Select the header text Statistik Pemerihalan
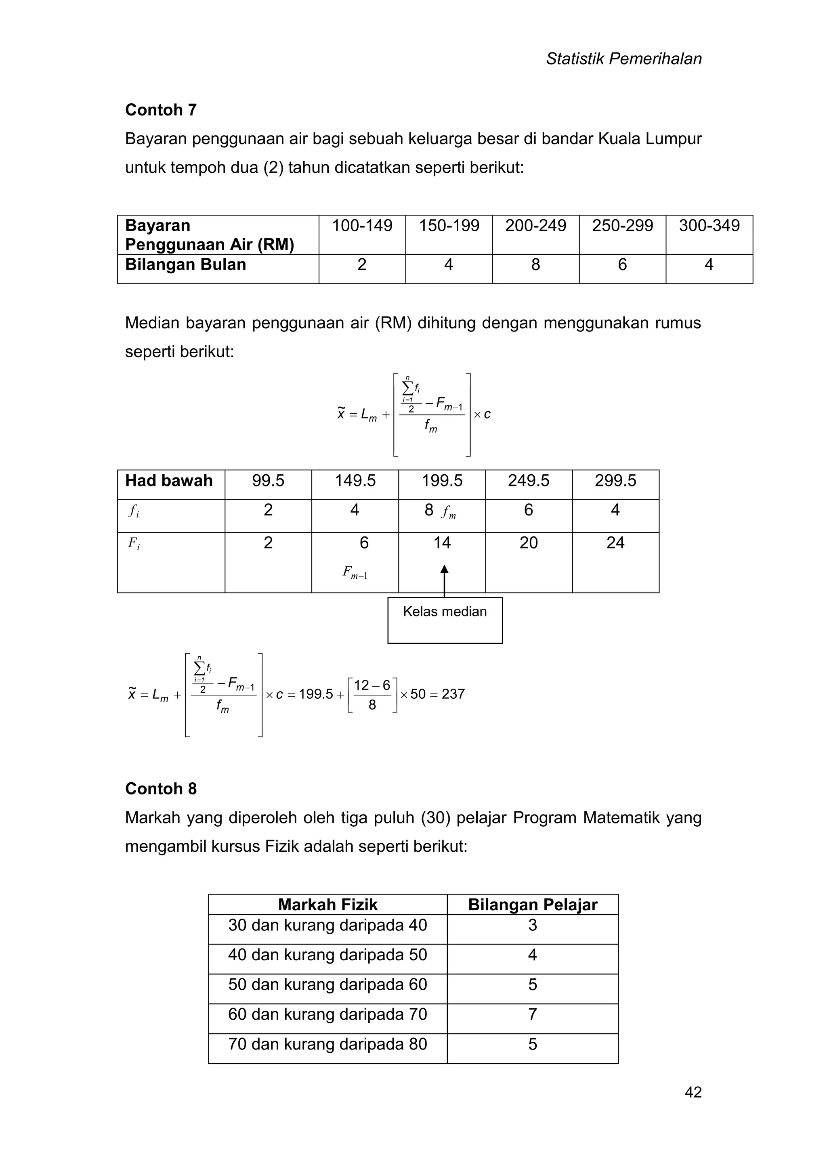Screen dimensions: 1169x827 click(623, 59)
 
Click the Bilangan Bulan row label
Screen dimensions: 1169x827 click(185, 265)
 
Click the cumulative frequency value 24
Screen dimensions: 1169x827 click(615, 543)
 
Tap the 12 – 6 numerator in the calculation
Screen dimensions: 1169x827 click(372, 685)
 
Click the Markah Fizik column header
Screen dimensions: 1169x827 click(327, 905)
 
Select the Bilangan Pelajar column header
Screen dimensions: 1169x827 click(532, 905)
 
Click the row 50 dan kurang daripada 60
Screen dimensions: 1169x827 click(327, 984)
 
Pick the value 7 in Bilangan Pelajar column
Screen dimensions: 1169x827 click(532, 1014)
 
